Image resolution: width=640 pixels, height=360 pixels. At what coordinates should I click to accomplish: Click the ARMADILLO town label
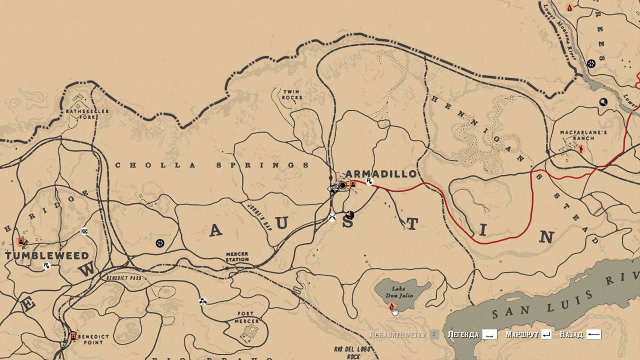coord(381,174)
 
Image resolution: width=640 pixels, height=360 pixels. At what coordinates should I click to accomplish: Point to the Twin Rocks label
coord(291,94)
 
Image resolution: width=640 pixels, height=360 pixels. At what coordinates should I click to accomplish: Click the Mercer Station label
coord(237,257)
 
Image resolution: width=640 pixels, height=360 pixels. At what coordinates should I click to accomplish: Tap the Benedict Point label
coord(93,339)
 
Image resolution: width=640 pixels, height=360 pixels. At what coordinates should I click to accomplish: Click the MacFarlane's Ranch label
coord(583,135)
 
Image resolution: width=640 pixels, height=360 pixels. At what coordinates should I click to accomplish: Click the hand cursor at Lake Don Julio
coord(394,311)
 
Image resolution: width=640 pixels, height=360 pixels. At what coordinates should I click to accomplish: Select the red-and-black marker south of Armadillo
coord(350,215)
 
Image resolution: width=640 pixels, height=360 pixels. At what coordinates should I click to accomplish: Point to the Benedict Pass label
coord(123,277)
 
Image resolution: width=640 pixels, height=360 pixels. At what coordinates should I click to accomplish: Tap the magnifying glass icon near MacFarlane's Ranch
coord(603,102)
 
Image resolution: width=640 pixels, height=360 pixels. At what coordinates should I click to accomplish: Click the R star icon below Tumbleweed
coord(46,265)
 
